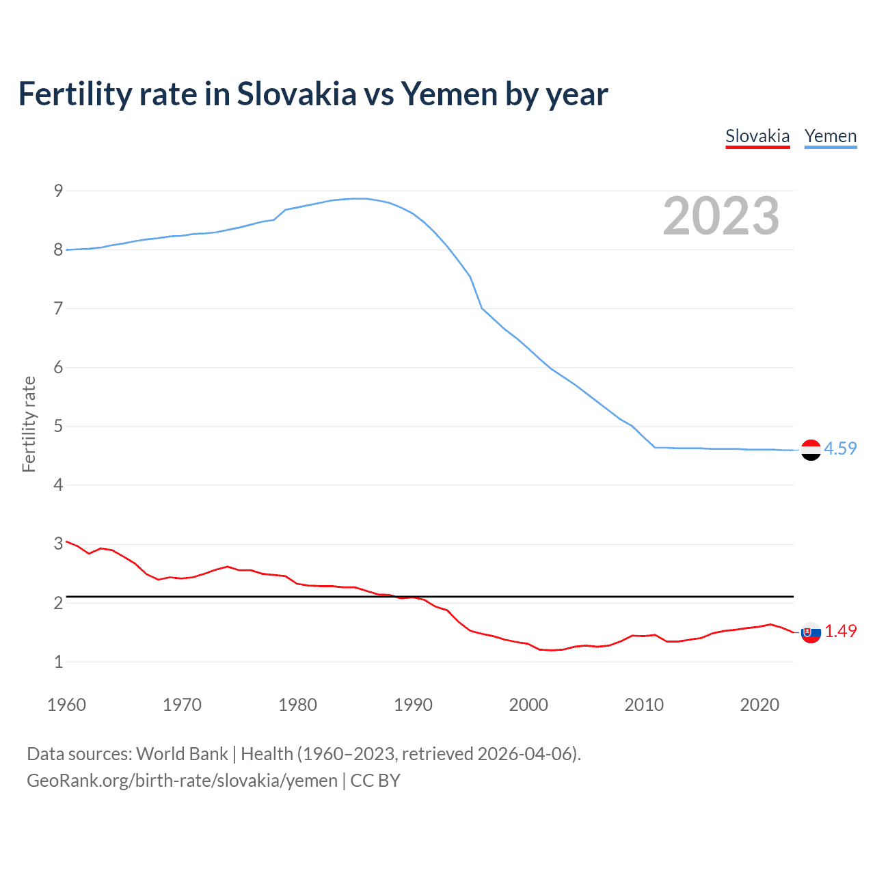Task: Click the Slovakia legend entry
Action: pos(757,136)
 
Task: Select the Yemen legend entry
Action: pos(831,136)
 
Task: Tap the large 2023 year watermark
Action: pos(721,216)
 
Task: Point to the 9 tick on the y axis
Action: pos(59,191)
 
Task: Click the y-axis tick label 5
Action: pos(59,427)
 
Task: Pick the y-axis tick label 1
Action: pos(59,662)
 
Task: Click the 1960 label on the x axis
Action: pos(66,705)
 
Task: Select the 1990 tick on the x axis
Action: pos(413,705)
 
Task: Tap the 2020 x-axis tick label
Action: pos(759,705)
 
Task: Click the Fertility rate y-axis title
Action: pos(29,424)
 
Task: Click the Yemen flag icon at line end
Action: pos(811,450)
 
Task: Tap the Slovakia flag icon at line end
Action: pos(811,633)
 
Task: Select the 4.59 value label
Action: pos(840,448)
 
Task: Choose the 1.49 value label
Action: pos(840,631)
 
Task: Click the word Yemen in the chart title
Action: pos(449,94)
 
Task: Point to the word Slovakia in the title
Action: pos(297,94)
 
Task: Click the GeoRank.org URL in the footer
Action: pos(182,781)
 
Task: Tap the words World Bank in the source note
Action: pos(182,754)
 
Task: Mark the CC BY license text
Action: pos(375,781)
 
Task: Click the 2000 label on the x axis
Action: pos(528,705)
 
